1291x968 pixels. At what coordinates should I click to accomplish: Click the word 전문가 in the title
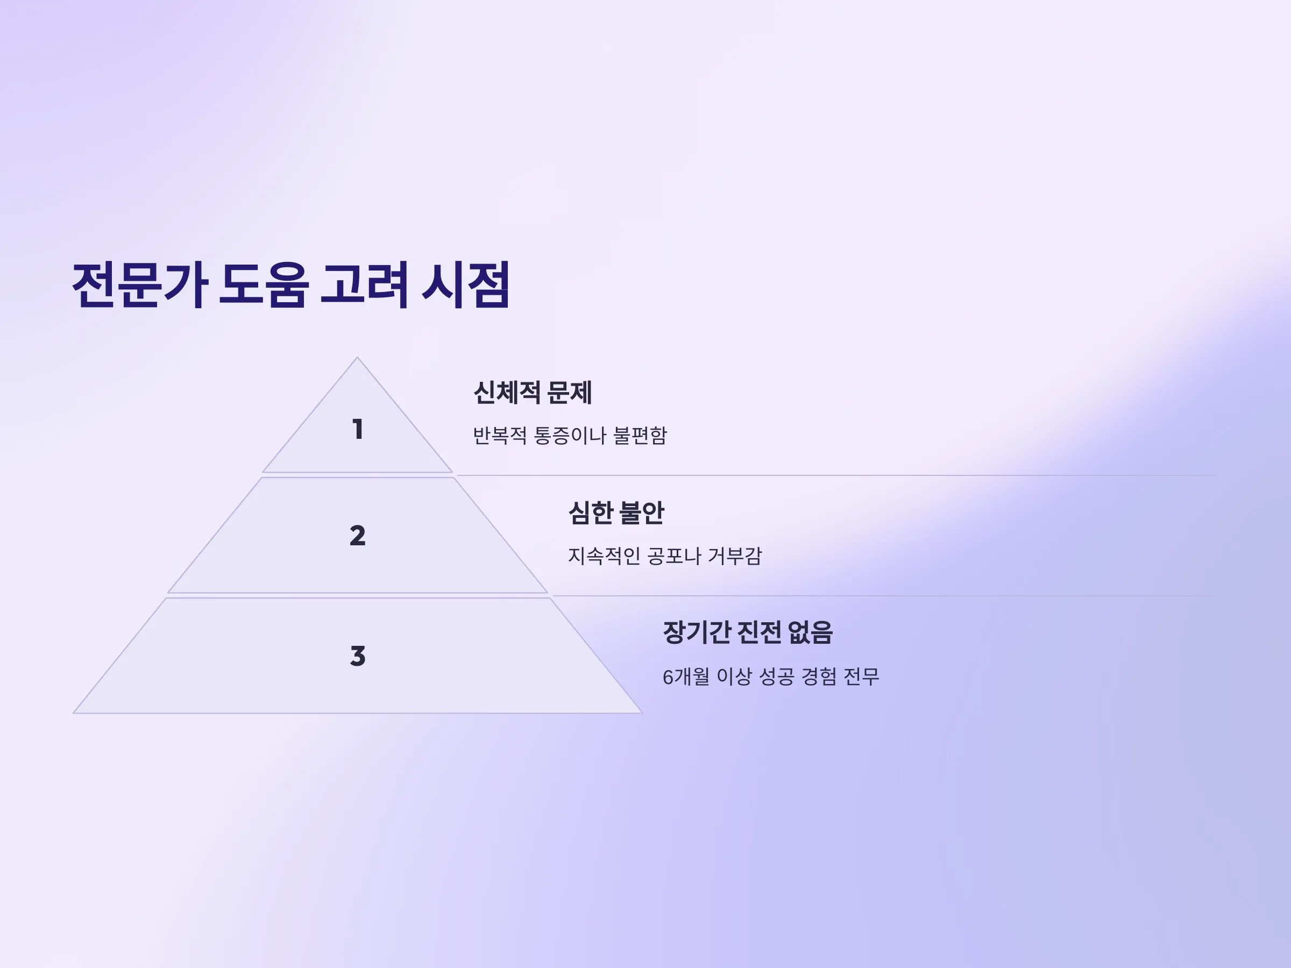click(140, 284)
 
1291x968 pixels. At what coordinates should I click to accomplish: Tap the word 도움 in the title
click(263, 284)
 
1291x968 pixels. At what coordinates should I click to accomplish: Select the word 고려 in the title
click(364, 284)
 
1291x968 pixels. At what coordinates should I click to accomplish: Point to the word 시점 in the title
click(466, 284)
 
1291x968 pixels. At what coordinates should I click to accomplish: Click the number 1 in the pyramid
click(358, 430)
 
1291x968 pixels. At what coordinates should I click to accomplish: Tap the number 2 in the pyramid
click(358, 536)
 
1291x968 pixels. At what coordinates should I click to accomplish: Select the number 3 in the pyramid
click(358, 656)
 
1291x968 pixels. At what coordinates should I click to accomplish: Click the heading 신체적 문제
click(533, 392)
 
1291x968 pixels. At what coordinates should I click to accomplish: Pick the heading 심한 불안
click(616, 513)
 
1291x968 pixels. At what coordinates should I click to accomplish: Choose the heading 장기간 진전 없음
click(748, 632)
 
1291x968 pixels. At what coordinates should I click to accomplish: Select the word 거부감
click(735, 556)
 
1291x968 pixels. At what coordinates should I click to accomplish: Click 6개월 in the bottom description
click(686, 677)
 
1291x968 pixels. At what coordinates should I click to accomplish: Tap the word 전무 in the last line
click(861, 677)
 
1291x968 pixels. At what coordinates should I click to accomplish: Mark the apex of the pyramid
click(357, 357)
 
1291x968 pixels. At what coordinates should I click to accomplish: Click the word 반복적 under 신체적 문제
click(500, 435)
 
